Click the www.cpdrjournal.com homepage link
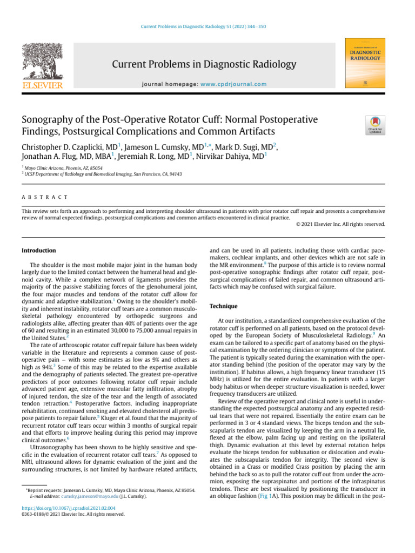coord(233,84)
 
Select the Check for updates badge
coord(375,125)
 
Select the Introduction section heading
coord(38,251)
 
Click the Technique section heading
coord(223,306)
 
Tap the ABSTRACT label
coord(45,197)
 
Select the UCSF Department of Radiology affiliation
coord(103,174)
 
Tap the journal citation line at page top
coord(207,26)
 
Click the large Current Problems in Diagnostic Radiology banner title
coord(204,65)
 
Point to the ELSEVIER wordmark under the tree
coord(42,85)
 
